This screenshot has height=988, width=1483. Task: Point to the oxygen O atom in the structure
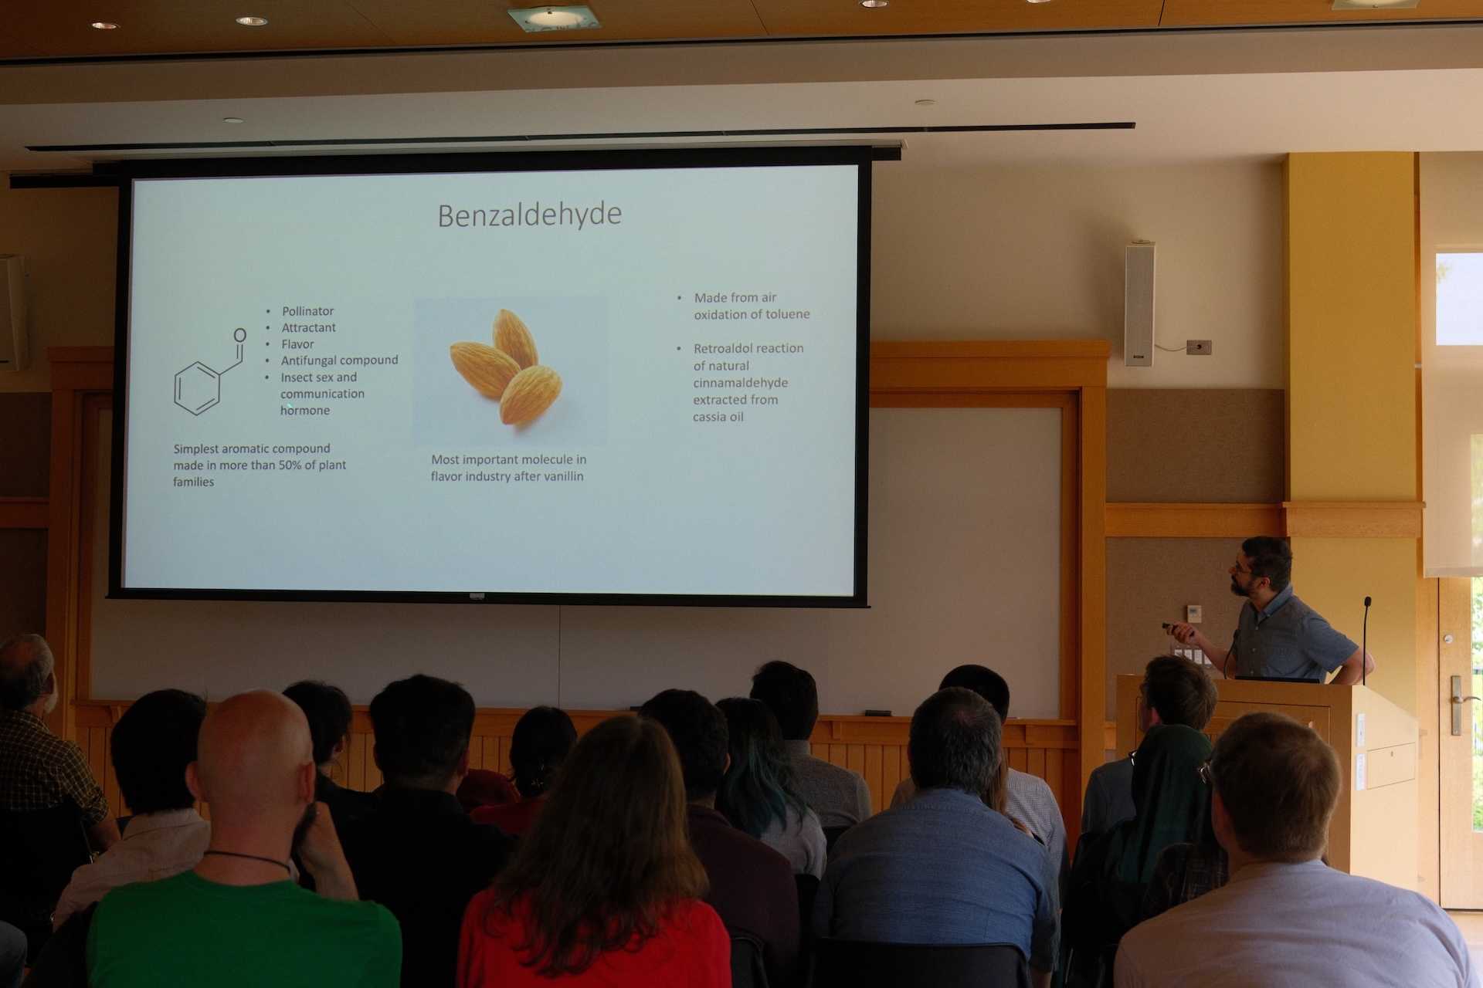point(240,335)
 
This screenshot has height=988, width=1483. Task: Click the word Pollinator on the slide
point(307,311)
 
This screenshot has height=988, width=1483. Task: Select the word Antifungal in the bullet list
point(307,360)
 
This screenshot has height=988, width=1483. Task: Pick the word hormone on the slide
point(305,411)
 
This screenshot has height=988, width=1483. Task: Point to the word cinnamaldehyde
point(741,383)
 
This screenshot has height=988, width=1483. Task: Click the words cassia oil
point(718,417)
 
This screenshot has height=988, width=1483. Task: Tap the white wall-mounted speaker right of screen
point(1140,304)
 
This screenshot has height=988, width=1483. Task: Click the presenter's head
point(1261,566)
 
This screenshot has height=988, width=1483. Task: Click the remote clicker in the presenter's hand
point(1173,628)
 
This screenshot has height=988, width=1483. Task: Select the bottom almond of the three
point(531,394)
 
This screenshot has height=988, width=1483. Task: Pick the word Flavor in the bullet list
point(297,344)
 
